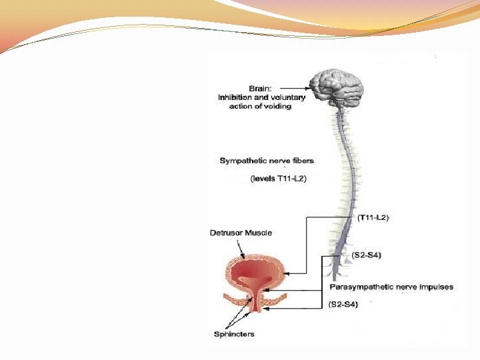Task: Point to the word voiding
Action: tap(278, 107)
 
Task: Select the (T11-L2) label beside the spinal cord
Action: tap(373, 217)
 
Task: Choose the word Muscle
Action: tap(258, 233)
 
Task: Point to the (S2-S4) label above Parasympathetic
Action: tap(366, 255)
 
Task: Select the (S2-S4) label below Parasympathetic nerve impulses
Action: tap(344, 305)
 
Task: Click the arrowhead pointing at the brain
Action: tap(309, 87)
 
